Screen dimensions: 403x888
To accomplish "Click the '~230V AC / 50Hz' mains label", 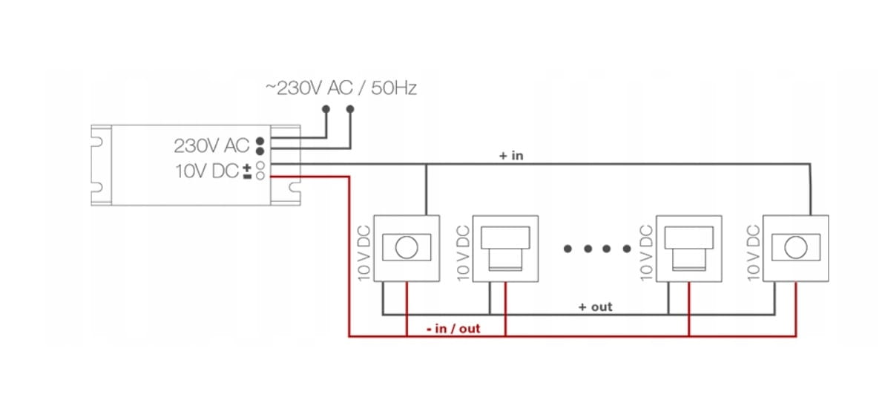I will pos(341,88).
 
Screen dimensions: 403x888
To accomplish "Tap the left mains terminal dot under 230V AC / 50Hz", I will pos(326,109).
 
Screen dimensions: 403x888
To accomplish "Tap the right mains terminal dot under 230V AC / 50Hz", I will pos(351,109).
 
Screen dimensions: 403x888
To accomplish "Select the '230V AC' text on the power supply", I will pos(211,144).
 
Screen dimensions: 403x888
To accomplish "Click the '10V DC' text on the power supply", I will pos(207,171).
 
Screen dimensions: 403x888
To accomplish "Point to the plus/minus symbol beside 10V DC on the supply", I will pos(247,171).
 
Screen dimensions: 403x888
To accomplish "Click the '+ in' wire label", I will pos(511,156).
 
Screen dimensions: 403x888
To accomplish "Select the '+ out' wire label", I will pos(596,307).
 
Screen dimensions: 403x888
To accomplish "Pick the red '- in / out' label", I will pos(454,328).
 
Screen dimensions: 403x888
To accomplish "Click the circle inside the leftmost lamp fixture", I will pos(406,248).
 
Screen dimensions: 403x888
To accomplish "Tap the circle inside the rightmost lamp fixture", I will pos(796,248).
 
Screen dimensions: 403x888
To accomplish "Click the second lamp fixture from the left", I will pos(504,248).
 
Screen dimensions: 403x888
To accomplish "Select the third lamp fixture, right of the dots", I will pos(688,248).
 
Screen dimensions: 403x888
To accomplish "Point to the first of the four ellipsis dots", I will pos(568,249).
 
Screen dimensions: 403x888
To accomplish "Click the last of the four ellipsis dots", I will pos(625,249).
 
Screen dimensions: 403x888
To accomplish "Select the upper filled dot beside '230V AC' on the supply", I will pos(260,140).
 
